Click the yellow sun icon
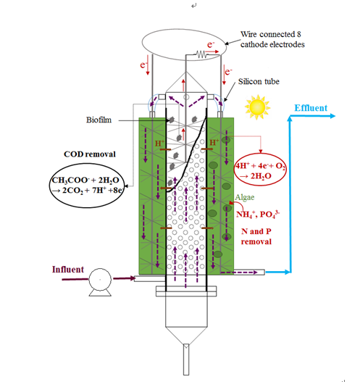[x=257, y=107]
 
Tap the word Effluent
[x=311, y=108]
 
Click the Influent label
[x=68, y=270]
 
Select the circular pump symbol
[x=100, y=280]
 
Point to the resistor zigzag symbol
[x=201, y=54]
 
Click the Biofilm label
[x=99, y=120]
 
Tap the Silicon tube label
[x=259, y=81]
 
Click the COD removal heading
[x=90, y=154]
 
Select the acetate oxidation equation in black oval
[x=87, y=185]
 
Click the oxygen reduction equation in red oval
[x=260, y=170]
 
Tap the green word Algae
[x=245, y=197]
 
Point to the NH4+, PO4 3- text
[x=258, y=215]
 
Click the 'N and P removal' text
[x=256, y=236]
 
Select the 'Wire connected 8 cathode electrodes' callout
[x=272, y=39]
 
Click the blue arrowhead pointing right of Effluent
[x=332, y=116]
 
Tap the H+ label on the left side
[x=160, y=144]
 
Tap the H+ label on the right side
[x=214, y=142]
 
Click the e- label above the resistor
[x=211, y=45]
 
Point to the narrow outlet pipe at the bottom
[x=186, y=360]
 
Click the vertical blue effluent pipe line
[x=290, y=194]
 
